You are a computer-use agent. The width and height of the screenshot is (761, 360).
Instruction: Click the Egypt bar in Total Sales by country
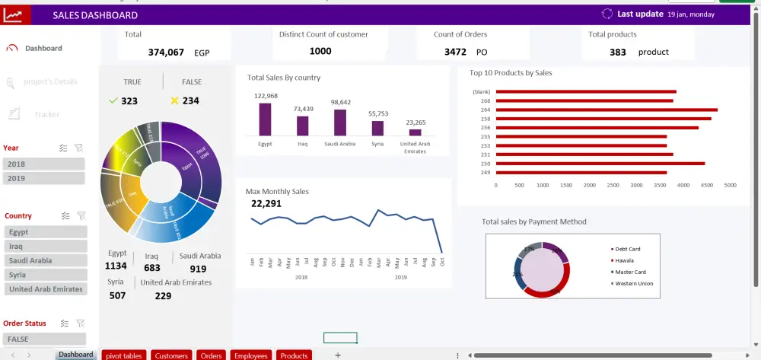tap(265, 119)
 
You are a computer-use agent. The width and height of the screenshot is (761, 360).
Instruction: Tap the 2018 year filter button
tap(43, 164)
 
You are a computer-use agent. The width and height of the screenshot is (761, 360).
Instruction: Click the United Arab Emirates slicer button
tap(46, 289)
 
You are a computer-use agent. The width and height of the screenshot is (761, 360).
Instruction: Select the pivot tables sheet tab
tap(124, 355)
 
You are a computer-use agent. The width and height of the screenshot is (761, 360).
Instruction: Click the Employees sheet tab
tap(250, 355)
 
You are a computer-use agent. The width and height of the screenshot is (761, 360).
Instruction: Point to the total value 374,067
tap(166, 53)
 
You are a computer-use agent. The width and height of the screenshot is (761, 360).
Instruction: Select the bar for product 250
tap(600, 163)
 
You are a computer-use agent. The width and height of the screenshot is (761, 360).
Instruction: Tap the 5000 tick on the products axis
tap(730, 185)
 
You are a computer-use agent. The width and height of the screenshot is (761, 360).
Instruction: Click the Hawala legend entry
tap(626, 260)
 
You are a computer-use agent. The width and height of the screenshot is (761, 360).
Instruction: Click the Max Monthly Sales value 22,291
tap(266, 204)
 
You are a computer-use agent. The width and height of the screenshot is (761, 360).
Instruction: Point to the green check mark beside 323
tap(113, 100)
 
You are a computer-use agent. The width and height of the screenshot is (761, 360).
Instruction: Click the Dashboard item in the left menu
tap(43, 48)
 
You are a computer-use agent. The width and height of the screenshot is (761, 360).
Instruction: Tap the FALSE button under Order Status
tap(43, 339)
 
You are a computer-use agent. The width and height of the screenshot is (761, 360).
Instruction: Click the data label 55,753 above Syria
tap(378, 114)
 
